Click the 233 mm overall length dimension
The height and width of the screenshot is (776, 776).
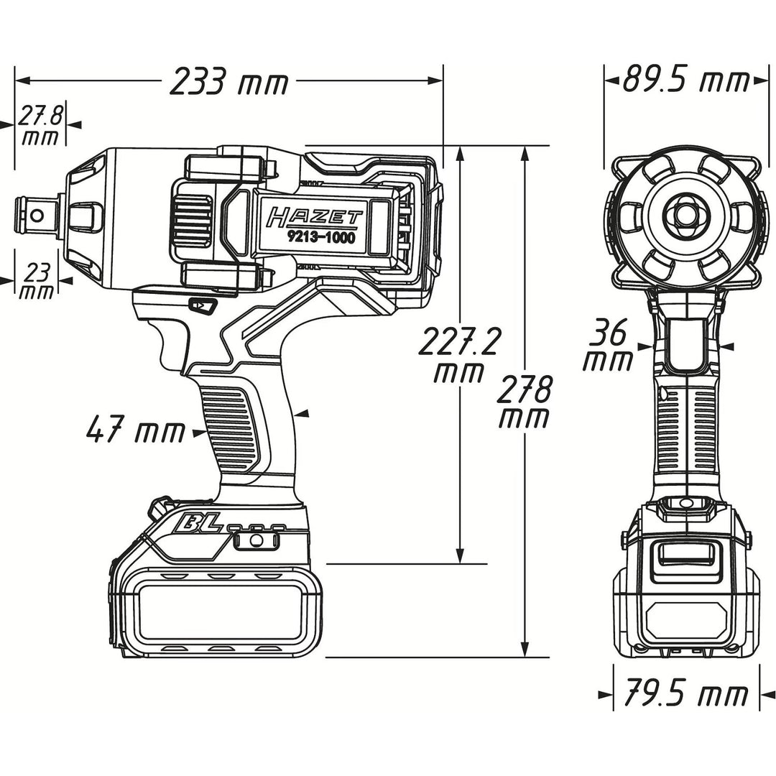[x=228, y=82]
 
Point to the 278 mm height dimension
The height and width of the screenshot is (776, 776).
[x=526, y=403]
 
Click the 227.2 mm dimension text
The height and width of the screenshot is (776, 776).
[x=459, y=356]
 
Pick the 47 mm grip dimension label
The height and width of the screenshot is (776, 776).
[x=134, y=431]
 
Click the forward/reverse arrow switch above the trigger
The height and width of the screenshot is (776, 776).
[x=202, y=306]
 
